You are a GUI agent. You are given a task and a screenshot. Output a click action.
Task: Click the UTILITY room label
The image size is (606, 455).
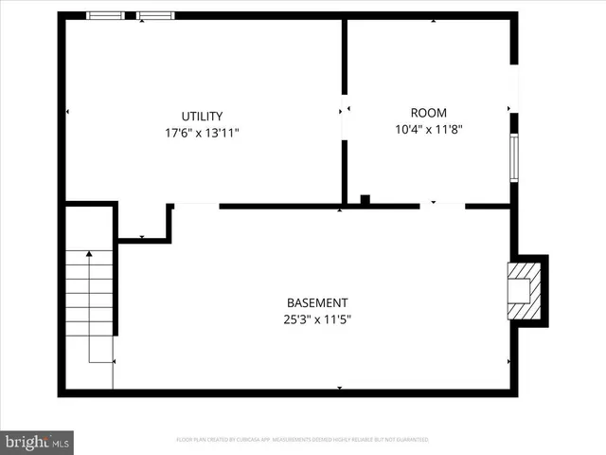coord(202,117)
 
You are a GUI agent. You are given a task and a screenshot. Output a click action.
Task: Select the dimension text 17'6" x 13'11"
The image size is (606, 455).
coord(202,133)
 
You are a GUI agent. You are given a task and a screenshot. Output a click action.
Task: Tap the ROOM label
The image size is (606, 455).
coord(428,112)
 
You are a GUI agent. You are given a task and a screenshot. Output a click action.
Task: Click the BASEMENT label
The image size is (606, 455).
coord(312,301)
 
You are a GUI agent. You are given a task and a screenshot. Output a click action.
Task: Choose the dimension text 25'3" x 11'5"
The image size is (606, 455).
coord(312,318)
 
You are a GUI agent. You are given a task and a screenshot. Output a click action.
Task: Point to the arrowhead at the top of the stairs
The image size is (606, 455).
coord(89,253)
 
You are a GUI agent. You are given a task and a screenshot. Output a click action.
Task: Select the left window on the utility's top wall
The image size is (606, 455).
coord(105,15)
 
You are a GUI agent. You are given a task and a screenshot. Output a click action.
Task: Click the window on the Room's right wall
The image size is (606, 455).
coord(514,157)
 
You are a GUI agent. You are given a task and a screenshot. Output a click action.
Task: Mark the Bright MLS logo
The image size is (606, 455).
coord(38,441)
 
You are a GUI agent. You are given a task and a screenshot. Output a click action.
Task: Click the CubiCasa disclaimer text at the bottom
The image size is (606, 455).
coord(302,440)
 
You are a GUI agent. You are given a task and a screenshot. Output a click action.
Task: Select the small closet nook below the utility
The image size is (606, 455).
coord(142,223)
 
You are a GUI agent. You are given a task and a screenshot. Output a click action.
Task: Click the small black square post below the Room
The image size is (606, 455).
coord(365,199)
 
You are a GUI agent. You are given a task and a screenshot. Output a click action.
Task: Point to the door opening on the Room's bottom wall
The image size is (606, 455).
coord(442,205)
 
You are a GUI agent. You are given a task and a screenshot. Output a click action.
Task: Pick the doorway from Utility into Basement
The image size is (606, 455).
coord(196,205)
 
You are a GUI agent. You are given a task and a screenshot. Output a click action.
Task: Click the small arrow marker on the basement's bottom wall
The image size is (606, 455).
coord(340,389)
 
